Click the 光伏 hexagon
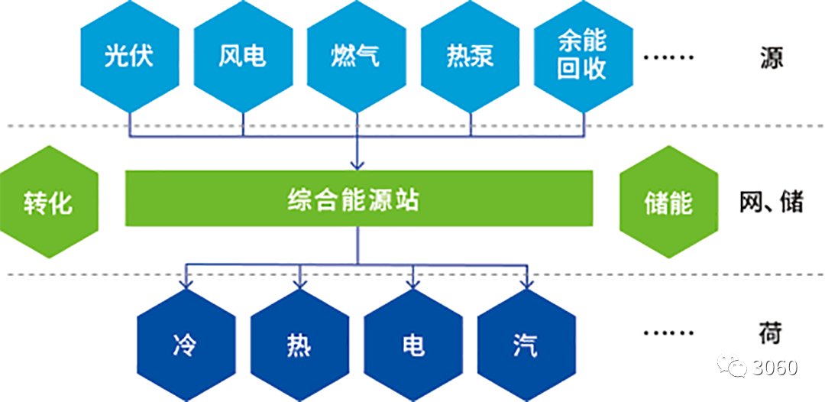tap(129, 57)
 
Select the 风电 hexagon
tap(242, 57)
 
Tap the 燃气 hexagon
tap(356, 57)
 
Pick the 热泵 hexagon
tap(469, 57)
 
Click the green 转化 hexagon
tap(49, 203)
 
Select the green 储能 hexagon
tap(668, 203)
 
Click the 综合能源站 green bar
tap(358, 199)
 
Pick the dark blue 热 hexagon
tap(299, 345)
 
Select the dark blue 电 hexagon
tap(412, 345)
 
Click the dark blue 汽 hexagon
tap(526, 345)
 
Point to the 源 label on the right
tap(771, 57)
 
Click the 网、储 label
tap(771, 202)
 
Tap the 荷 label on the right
tap(771, 332)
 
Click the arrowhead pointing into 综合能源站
tap(357, 163)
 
